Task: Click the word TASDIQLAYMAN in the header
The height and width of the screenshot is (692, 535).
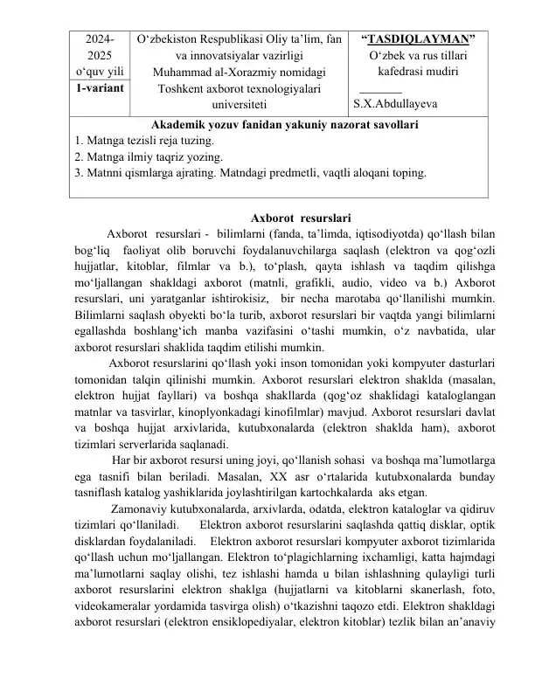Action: pyautogui.click(x=419, y=39)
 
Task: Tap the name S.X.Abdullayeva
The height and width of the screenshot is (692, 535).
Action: pyautogui.click(x=395, y=105)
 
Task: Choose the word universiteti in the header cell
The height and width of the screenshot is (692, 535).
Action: pyautogui.click(x=234, y=105)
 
